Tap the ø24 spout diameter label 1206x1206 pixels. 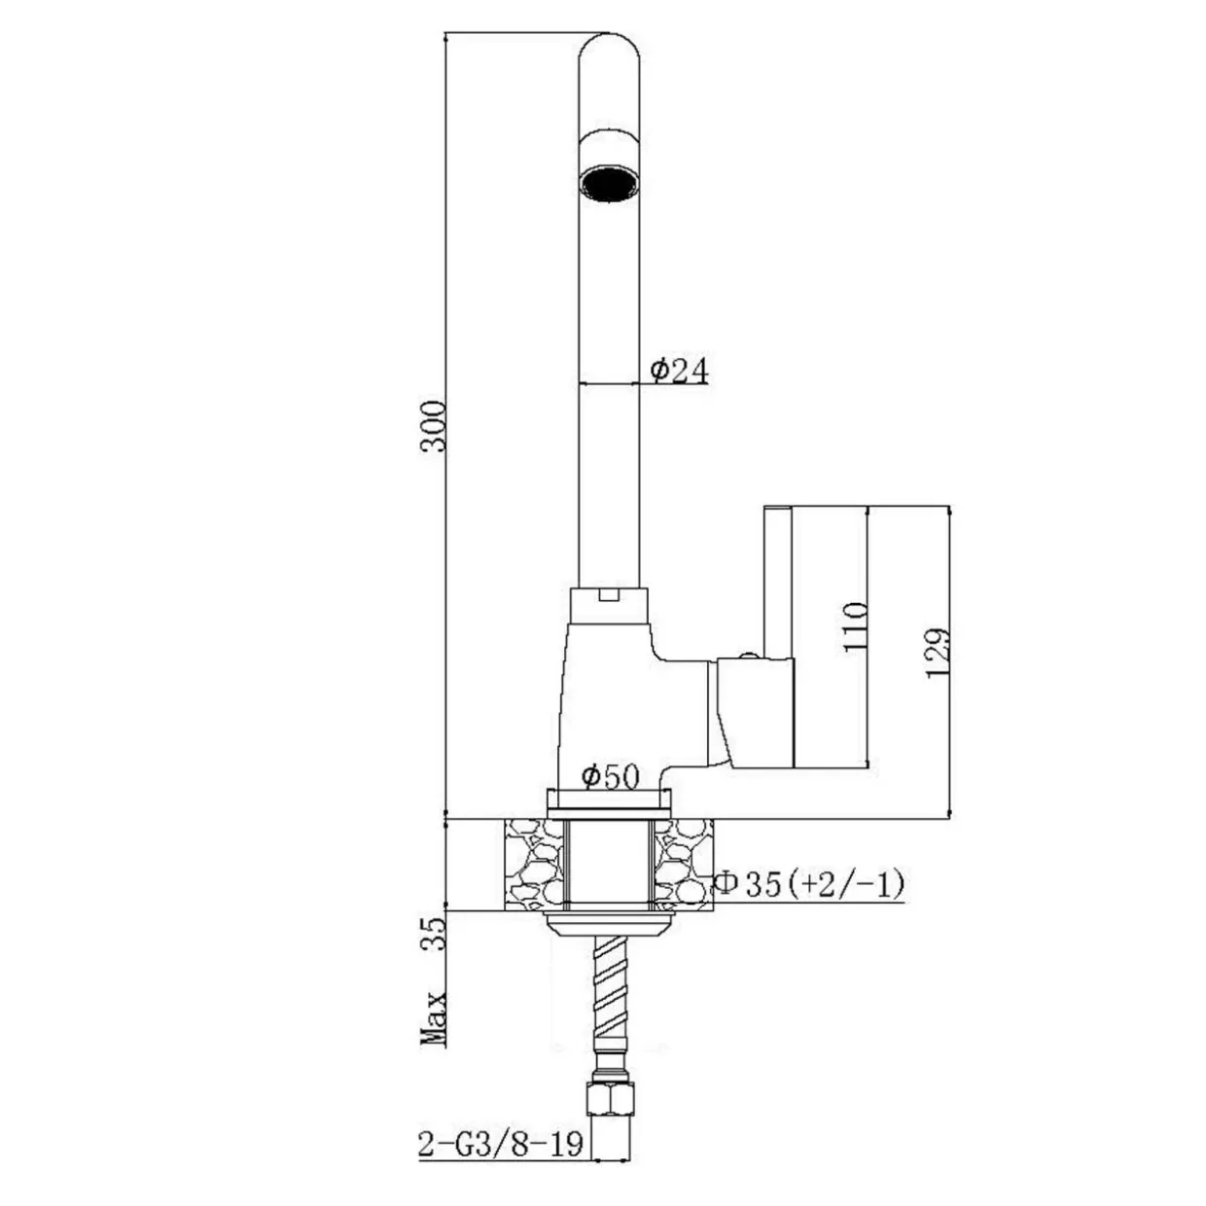679,371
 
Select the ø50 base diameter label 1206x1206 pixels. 610,777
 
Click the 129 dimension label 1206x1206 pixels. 938,653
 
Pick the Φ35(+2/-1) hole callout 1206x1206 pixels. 810,884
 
